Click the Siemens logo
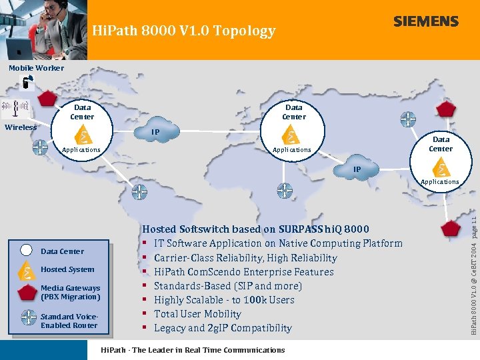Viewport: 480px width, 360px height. pos(425,21)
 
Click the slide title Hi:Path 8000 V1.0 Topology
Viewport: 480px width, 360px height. pos(183,31)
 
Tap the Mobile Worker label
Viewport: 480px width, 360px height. pos(36,68)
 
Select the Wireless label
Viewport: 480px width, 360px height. pos(21,127)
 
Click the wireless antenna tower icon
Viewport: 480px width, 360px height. pos(15,109)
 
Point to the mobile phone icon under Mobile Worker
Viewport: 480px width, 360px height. pos(27,83)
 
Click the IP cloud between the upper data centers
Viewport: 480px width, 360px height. pos(155,132)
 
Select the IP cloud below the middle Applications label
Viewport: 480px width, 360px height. pos(357,169)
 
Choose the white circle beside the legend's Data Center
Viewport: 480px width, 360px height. pos(26,251)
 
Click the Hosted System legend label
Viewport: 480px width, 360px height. pos(67,269)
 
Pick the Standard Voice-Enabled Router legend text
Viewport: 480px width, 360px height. pos(69,321)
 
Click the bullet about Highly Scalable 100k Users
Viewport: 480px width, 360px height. pos(224,300)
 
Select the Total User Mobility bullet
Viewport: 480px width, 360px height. pos(197,314)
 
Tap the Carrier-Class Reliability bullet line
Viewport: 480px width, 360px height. pos(245,258)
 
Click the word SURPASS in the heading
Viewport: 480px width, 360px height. pos(301,229)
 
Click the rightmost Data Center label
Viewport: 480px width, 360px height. pos(441,144)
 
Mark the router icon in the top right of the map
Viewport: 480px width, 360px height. pos(408,119)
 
